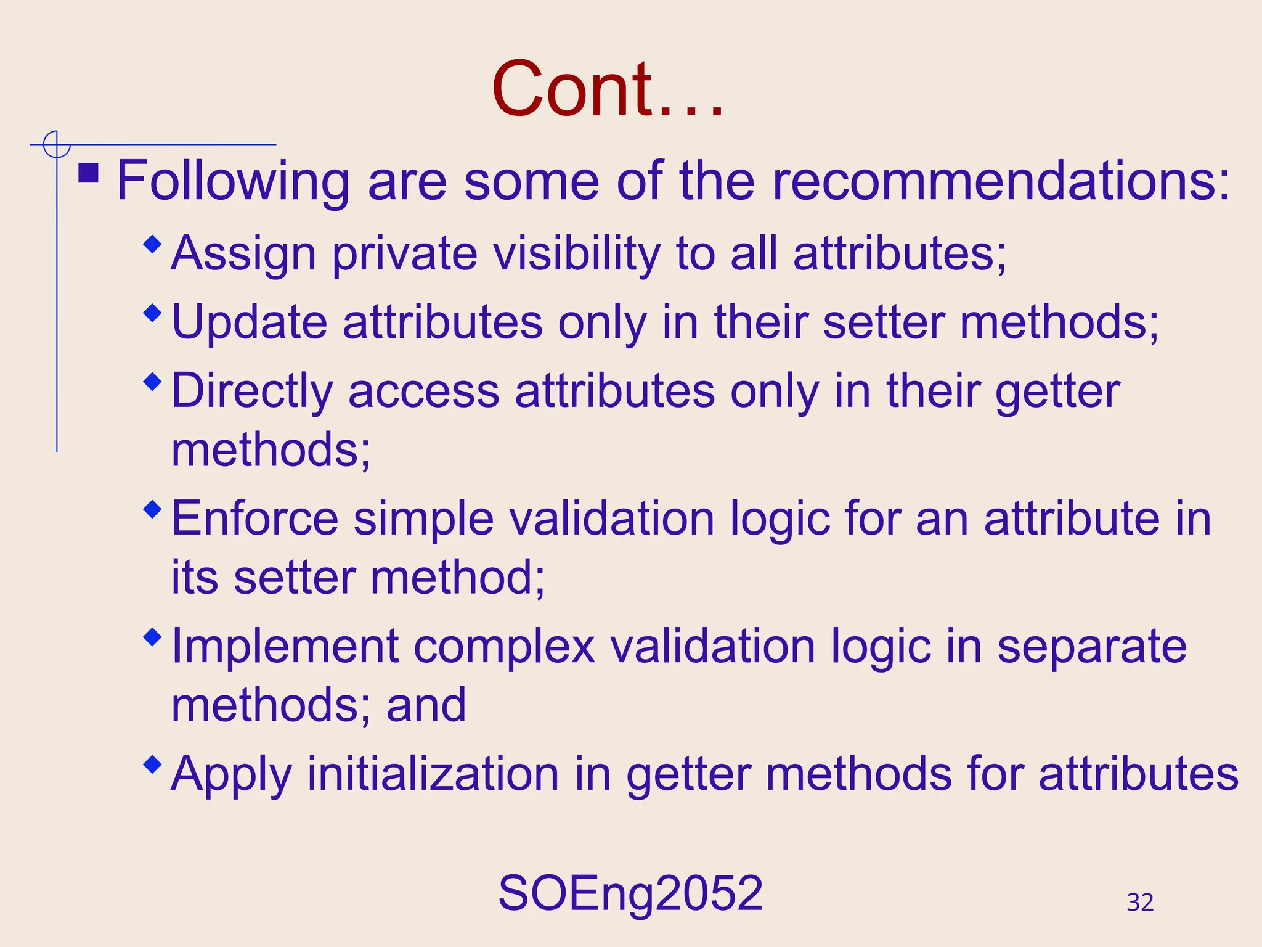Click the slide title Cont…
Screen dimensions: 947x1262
[x=608, y=89]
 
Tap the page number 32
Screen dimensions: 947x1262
[x=1140, y=902]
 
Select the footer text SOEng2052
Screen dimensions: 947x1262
[x=630, y=893]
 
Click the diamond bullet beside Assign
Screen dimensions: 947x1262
[x=152, y=245]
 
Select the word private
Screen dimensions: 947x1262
[x=404, y=253]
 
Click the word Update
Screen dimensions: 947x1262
[x=249, y=322]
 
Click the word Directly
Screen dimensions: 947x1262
[x=252, y=392]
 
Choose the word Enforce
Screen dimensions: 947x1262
[x=254, y=519]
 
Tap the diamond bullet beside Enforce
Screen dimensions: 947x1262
[x=152, y=510]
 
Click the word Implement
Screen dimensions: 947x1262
[x=285, y=646]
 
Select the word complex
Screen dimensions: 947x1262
[x=504, y=646]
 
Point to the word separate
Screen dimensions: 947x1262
[x=1091, y=646]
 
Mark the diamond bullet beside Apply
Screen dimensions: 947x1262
[x=152, y=765]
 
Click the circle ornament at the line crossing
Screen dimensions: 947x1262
[x=57, y=145]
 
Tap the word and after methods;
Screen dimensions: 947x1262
[x=426, y=705]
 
